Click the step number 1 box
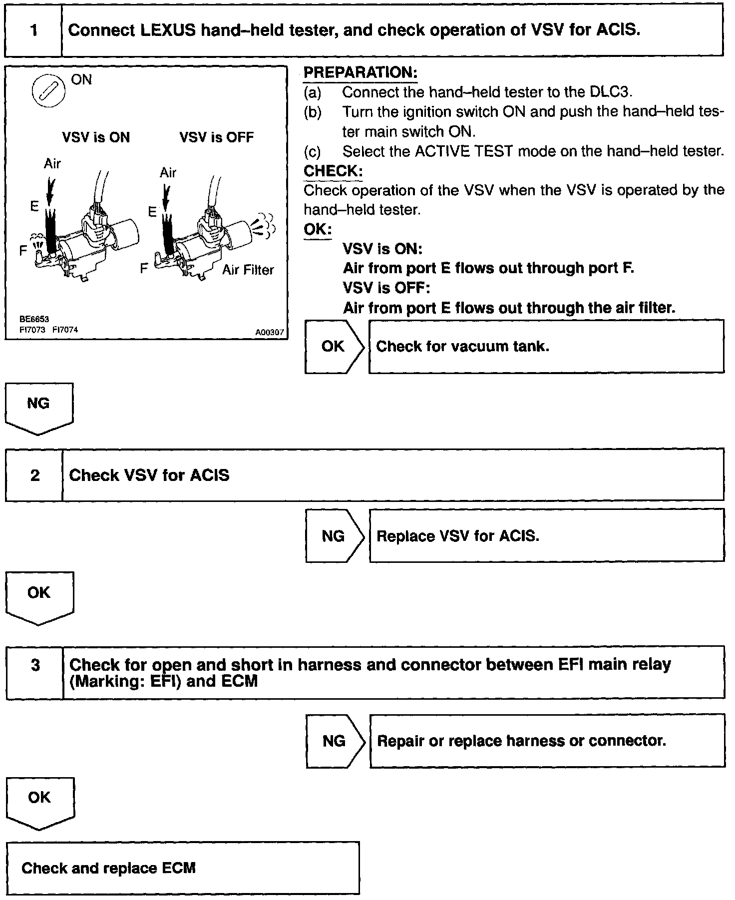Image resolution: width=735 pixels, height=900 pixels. pyautogui.click(x=33, y=30)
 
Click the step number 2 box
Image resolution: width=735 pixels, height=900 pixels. pyautogui.click(x=34, y=475)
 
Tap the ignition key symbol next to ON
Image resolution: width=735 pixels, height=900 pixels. pyautogui.click(x=48, y=92)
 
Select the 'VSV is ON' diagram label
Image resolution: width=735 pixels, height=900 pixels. pyautogui.click(x=96, y=137)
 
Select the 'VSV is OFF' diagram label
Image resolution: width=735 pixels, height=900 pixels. pyautogui.click(x=216, y=137)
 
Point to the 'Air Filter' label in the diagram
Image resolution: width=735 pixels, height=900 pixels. pyautogui.click(x=248, y=270)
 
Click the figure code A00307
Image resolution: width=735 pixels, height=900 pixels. pyautogui.click(x=270, y=332)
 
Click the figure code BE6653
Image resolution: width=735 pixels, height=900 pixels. pyautogui.click(x=34, y=319)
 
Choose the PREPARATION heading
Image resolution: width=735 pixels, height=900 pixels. pyautogui.click(x=360, y=72)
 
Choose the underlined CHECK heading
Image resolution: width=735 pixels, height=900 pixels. pyautogui.click(x=333, y=171)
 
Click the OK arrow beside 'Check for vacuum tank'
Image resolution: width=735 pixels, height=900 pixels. pyautogui.click(x=334, y=347)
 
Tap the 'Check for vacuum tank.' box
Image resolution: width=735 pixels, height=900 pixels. pyautogui.click(x=546, y=347)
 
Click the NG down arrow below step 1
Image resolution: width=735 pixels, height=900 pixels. pyautogui.click(x=39, y=407)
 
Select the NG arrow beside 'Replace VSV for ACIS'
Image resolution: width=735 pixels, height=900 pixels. pyautogui.click(x=334, y=536)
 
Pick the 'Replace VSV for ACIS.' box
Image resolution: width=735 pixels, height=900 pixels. pyautogui.click(x=546, y=536)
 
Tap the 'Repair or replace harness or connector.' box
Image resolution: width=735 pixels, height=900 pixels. pyautogui.click(x=547, y=741)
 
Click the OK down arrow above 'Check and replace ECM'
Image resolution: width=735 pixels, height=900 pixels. pyautogui.click(x=40, y=802)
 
